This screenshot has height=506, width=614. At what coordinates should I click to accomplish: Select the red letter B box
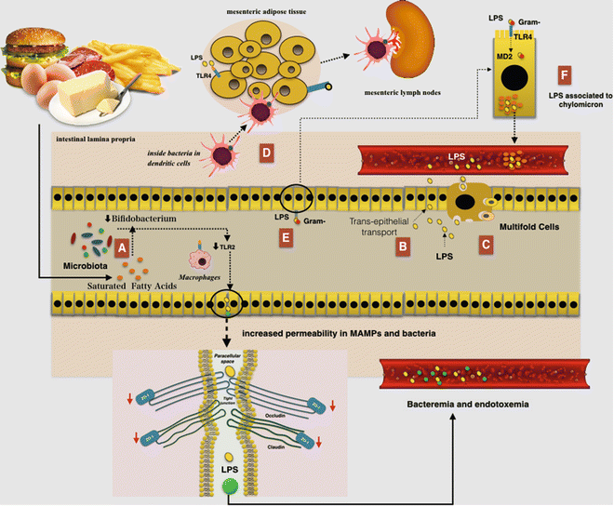tap(401, 248)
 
